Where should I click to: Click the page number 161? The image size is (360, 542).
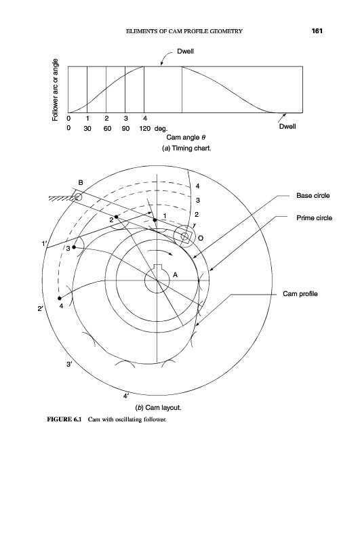[x=317, y=31]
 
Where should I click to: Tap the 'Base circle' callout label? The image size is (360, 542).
[x=313, y=196]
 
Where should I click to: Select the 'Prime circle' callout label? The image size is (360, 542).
[x=314, y=218]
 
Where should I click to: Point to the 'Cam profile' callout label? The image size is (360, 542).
[x=300, y=294]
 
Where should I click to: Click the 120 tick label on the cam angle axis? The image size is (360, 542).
[x=144, y=129]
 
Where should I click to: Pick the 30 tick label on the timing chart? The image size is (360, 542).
[x=87, y=129]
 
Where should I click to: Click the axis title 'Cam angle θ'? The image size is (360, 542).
[x=186, y=138]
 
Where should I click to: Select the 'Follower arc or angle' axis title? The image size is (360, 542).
[x=55, y=90]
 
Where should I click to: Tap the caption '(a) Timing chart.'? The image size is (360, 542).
[x=186, y=148]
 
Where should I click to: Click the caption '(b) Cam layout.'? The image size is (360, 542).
[x=159, y=408]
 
